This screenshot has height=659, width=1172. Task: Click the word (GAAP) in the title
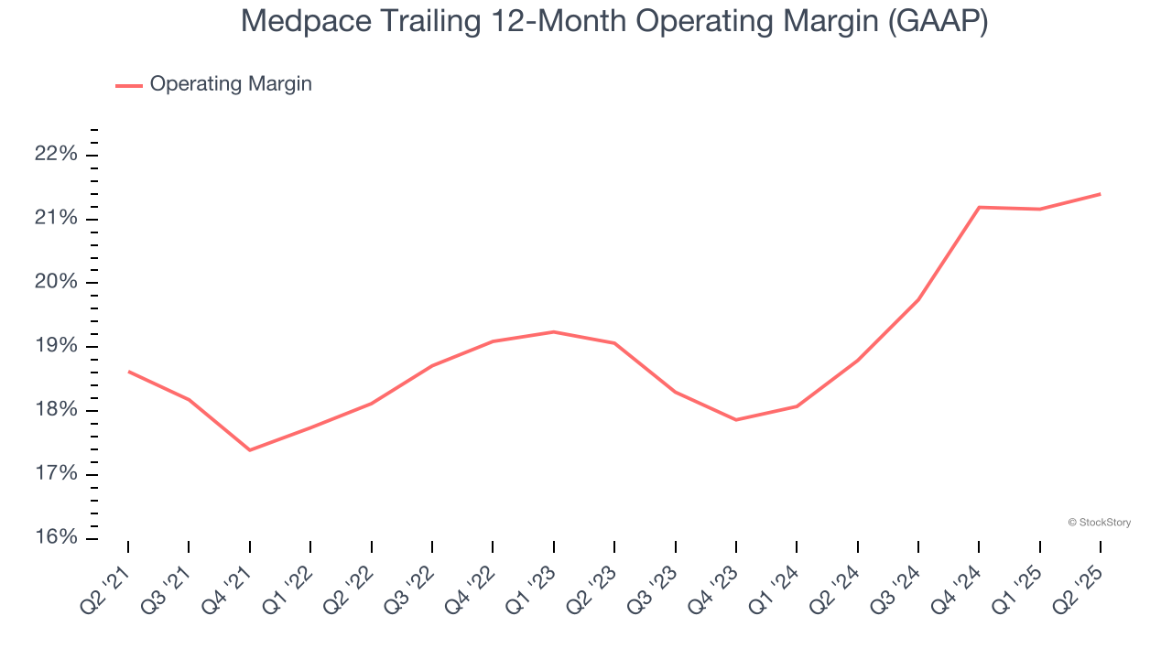[938, 21]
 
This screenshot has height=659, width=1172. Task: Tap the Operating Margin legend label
[231, 84]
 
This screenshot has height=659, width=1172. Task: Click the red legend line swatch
[128, 85]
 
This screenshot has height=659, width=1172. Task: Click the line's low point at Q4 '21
[249, 449]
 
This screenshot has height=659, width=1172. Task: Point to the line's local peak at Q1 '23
[553, 331]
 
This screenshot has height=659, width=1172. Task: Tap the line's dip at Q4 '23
[736, 420]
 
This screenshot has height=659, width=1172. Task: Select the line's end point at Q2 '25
[1100, 194]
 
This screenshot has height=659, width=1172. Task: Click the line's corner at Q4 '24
[979, 207]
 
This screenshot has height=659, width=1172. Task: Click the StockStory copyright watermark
[1099, 523]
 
